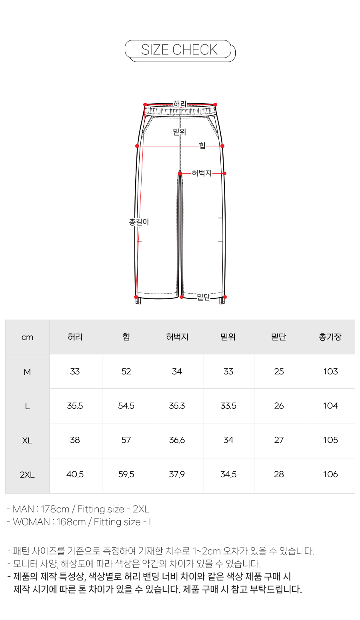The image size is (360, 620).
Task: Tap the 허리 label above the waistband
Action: pos(180,104)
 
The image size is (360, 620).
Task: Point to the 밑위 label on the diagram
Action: pos(180,132)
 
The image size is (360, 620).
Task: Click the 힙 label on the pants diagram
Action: pos(202,146)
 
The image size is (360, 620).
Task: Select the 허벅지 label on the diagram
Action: pos(202,173)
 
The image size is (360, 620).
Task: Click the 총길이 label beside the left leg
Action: pos(139,222)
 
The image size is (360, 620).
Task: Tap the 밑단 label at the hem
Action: pos(204,297)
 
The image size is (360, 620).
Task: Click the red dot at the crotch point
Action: pos(180,174)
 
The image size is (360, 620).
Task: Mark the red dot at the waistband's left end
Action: pos(145,105)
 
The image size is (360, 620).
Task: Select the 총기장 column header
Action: pos(330,337)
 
